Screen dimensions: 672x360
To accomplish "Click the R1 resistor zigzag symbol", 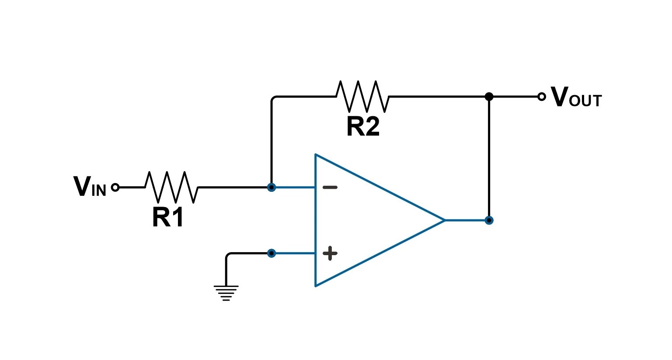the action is pos(171,187).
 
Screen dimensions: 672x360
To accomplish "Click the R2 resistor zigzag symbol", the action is pos(362,96).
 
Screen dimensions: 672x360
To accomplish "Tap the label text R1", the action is pos(167,217).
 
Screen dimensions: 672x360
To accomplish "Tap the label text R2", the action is pos(363,127).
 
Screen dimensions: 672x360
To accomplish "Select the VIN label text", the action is pos(90,187).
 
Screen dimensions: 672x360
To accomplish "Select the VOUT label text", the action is pos(576,97).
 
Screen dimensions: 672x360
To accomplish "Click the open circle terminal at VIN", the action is pos(115,187).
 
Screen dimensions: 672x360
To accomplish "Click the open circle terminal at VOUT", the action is pos(541,97).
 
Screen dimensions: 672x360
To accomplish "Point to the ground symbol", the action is pos(226,293).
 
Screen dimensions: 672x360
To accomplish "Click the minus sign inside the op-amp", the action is pos(330,187).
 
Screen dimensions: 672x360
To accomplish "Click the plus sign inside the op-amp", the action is pos(330,253).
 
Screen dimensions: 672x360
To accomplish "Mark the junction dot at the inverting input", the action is pos(272,187).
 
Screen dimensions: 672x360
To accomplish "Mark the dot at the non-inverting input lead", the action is pos(272,253).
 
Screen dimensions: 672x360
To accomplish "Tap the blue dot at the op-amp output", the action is pos(489,220).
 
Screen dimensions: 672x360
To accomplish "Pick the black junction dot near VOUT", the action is pos(489,97).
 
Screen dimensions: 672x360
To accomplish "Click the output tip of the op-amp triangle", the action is pos(444,220).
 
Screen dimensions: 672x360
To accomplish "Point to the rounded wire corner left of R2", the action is pos(273,98).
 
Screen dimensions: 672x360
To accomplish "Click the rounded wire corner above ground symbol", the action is pos(228,255).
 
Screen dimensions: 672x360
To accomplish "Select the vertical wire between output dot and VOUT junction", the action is pos(489,157).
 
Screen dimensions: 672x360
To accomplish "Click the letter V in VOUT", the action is pos(559,97).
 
